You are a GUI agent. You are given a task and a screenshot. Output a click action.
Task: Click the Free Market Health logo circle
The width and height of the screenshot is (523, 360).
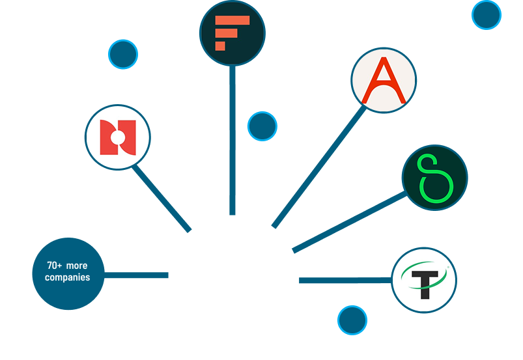tap(232, 33)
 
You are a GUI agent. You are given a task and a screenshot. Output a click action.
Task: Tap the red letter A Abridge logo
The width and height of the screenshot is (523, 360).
tap(384, 80)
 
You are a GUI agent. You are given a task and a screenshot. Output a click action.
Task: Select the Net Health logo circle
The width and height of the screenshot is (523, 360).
tap(118, 137)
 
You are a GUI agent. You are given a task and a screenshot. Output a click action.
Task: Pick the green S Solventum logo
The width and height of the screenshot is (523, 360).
tap(434, 178)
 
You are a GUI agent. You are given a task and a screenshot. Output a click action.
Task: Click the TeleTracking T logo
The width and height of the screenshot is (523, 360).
tap(424, 281)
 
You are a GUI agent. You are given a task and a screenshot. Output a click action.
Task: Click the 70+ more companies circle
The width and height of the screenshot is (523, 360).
tap(68, 273)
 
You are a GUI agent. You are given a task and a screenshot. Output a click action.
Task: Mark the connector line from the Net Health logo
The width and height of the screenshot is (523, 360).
tap(162, 197)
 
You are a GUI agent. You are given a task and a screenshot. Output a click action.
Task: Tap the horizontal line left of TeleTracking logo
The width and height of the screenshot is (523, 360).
tap(345, 281)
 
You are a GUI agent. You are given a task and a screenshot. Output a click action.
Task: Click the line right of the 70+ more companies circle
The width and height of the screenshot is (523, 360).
tap(137, 275)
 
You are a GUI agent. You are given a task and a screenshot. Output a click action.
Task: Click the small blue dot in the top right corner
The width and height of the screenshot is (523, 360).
tap(486, 14)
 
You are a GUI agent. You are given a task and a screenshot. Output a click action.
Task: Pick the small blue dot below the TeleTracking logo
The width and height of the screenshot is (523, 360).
tap(352, 320)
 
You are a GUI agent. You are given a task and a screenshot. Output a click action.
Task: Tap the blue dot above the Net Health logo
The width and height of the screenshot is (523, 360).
tap(123, 54)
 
